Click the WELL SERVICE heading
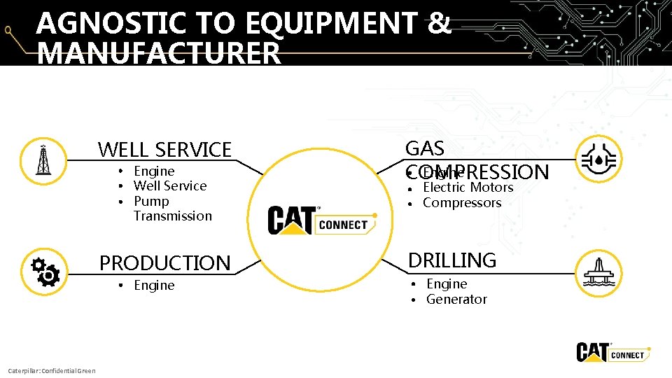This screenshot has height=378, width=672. pyautogui.click(x=164, y=150)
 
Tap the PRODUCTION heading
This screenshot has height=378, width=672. pyautogui.click(x=164, y=263)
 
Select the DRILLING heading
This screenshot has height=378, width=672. pyautogui.click(x=452, y=260)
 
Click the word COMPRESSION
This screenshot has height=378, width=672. pyautogui.click(x=477, y=172)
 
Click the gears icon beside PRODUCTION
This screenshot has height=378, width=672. pyautogui.click(x=44, y=272)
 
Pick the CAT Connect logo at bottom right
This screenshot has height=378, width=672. pyautogui.click(x=611, y=351)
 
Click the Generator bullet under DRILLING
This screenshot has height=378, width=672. pyautogui.click(x=456, y=300)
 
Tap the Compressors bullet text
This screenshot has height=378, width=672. pyautogui.click(x=462, y=203)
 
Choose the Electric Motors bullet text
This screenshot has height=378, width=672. pyautogui.click(x=468, y=188)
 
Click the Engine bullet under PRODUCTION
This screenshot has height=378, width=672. pyautogui.click(x=154, y=286)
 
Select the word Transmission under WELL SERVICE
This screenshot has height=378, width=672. pyautogui.click(x=172, y=216)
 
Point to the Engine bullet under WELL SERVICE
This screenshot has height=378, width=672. pyautogui.click(x=154, y=171)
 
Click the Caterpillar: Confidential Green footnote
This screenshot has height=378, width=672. pyautogui.click(x=51, y=370)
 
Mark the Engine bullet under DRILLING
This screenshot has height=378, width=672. pyautogui.click(x=447, y=284)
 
